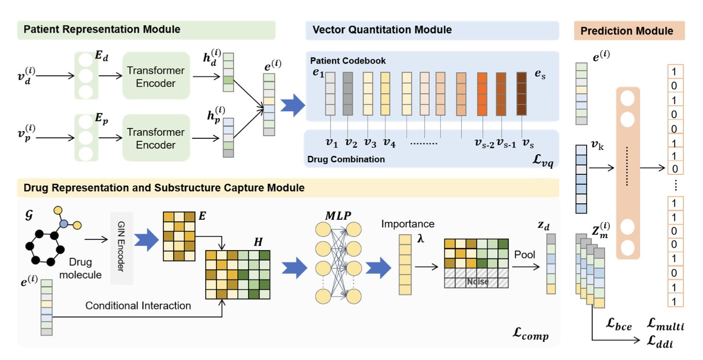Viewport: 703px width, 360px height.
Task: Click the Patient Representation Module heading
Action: coord(102,29)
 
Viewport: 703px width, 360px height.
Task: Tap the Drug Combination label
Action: coord(346,159)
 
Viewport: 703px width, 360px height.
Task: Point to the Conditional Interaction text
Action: coord(138,306)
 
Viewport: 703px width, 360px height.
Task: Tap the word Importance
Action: coord(408,224)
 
